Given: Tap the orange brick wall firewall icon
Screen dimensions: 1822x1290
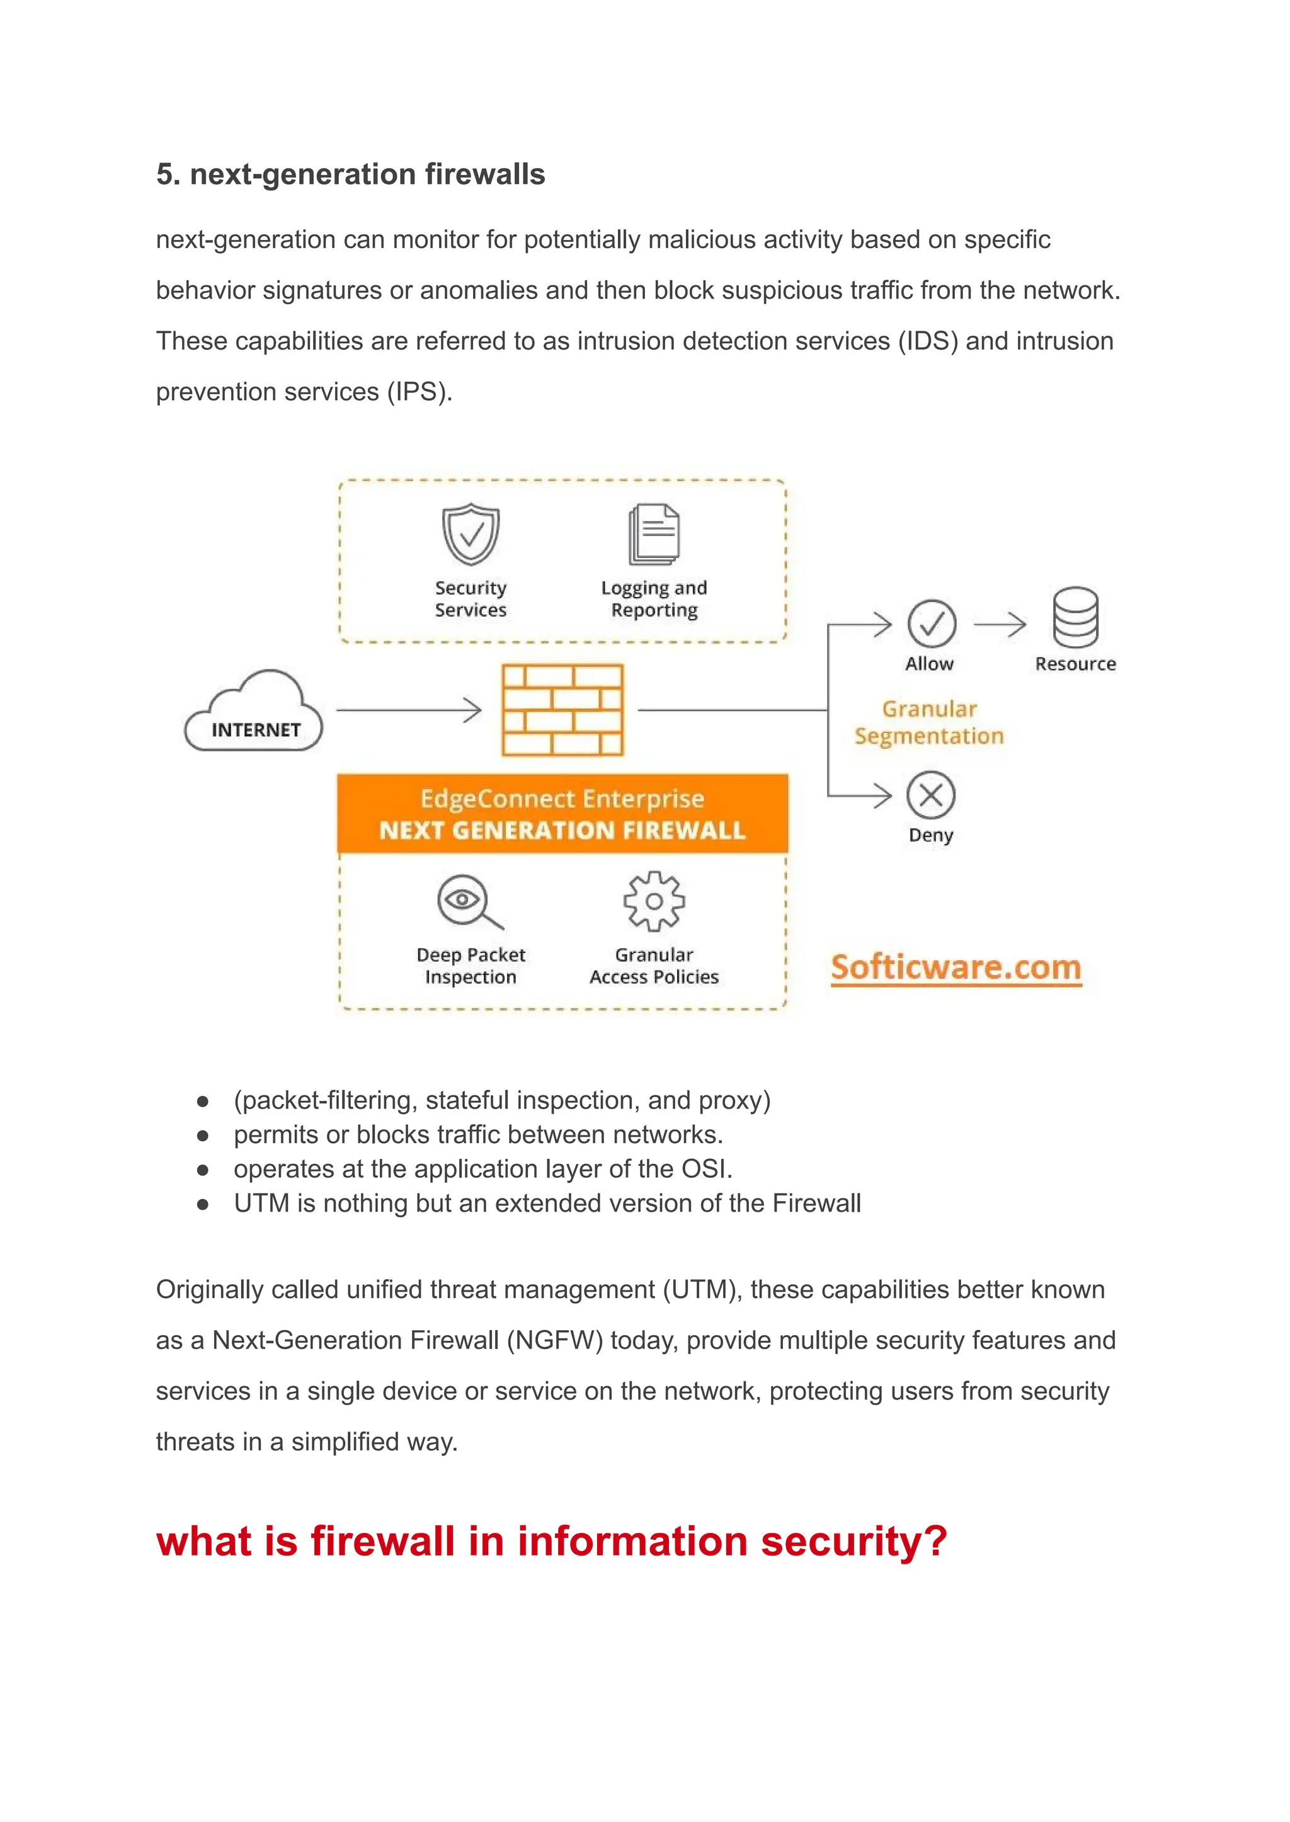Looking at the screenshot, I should (x=562, y=710).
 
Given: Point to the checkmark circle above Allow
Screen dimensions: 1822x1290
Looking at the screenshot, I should (x=931, y=623).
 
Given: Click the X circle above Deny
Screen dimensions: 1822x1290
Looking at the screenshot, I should (x=931, y=795).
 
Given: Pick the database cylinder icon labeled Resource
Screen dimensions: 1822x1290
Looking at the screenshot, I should (x=1076, y=617).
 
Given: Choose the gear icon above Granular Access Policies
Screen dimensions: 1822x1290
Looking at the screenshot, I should (x=654, y=901).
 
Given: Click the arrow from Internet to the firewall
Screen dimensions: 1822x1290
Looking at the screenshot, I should (x=408, y=710).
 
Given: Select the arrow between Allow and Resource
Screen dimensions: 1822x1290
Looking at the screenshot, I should (x=999, y=624).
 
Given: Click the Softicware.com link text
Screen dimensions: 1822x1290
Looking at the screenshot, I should (x=956, y=967).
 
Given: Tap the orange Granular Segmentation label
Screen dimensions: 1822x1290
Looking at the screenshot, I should (x=928, y=722).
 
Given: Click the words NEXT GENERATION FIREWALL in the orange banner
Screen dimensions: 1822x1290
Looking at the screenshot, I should (x=562, y=831).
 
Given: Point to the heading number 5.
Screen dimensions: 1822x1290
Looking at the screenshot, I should (x=165, y=174).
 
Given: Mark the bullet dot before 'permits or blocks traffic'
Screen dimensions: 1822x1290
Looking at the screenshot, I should (x=203, y=1136).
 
